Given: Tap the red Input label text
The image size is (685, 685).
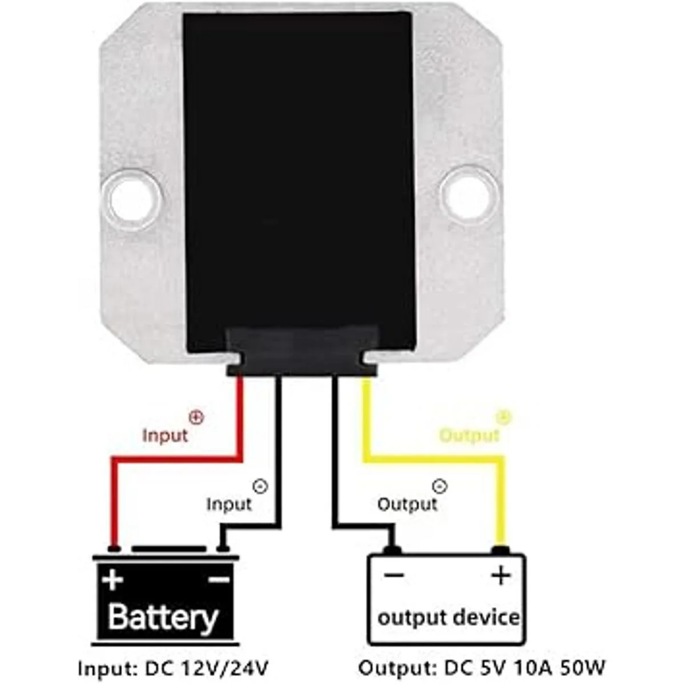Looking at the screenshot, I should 164,436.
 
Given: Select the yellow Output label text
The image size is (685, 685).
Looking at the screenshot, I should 469,436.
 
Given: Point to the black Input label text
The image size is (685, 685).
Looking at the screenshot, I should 229,504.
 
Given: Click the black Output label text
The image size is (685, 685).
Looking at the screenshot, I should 407,504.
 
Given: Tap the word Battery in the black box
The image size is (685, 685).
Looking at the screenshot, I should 163,616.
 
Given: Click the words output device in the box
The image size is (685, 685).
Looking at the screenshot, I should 449,617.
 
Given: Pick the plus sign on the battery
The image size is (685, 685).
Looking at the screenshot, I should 113,580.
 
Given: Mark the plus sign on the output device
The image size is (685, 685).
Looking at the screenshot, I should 501,575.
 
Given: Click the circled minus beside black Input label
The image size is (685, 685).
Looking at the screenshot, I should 260,486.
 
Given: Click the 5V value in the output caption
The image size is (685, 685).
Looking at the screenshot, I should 491,667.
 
